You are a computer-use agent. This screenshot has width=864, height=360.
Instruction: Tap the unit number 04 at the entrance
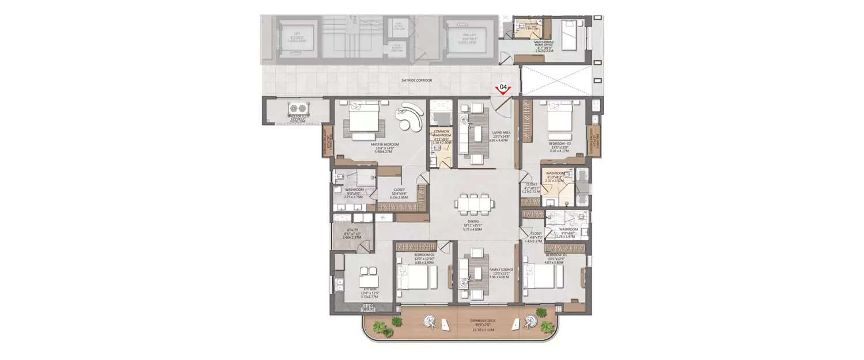(503, 88)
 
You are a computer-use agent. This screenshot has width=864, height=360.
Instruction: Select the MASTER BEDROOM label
(385, 145)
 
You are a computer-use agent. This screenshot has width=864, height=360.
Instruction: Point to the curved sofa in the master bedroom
(411, 118)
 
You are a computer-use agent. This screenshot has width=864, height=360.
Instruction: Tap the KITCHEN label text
(369, 289)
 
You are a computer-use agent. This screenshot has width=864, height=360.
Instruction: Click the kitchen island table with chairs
(369, 278)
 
